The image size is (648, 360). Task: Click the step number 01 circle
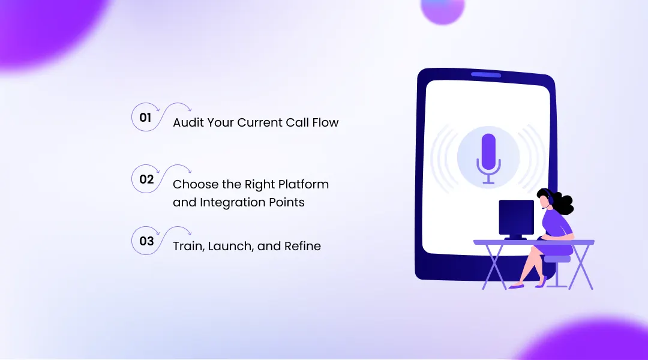pos(145,118)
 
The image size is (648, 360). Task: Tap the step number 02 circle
pos(146,179)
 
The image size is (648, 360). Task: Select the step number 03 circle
pos(146,241)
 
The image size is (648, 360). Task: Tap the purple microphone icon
pos(488,158)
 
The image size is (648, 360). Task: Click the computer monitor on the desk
pos(516,217)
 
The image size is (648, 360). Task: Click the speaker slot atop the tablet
pos(485,75)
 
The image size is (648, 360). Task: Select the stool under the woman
pos(557,267)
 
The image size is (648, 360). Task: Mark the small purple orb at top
pos(443,9)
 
